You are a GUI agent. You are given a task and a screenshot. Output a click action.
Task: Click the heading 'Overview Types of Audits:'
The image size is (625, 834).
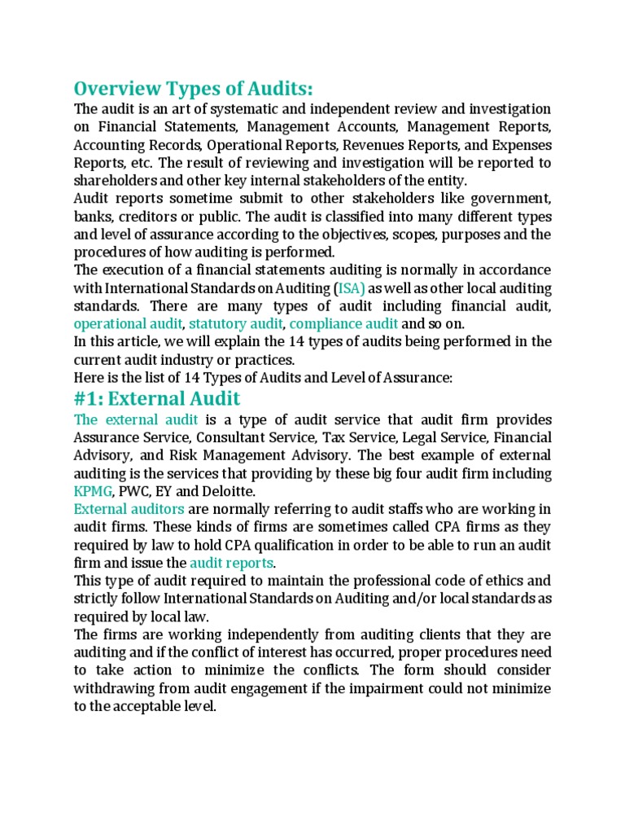point(193,87)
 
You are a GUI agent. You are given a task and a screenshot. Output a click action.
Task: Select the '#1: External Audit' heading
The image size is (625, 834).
point(157,398)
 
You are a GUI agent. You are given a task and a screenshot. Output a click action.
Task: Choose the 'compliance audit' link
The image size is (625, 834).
point(333,324)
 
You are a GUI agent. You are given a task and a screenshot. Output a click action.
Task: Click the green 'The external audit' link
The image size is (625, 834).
point(136,419)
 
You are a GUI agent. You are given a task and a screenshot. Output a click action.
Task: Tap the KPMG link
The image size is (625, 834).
point(94,491)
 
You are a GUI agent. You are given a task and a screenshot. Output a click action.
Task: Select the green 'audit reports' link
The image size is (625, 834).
point(232,563)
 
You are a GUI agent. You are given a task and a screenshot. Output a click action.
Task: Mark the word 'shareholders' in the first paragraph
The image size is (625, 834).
point(116,181)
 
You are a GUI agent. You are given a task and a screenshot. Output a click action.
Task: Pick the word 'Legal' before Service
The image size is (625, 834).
point(412,437)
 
